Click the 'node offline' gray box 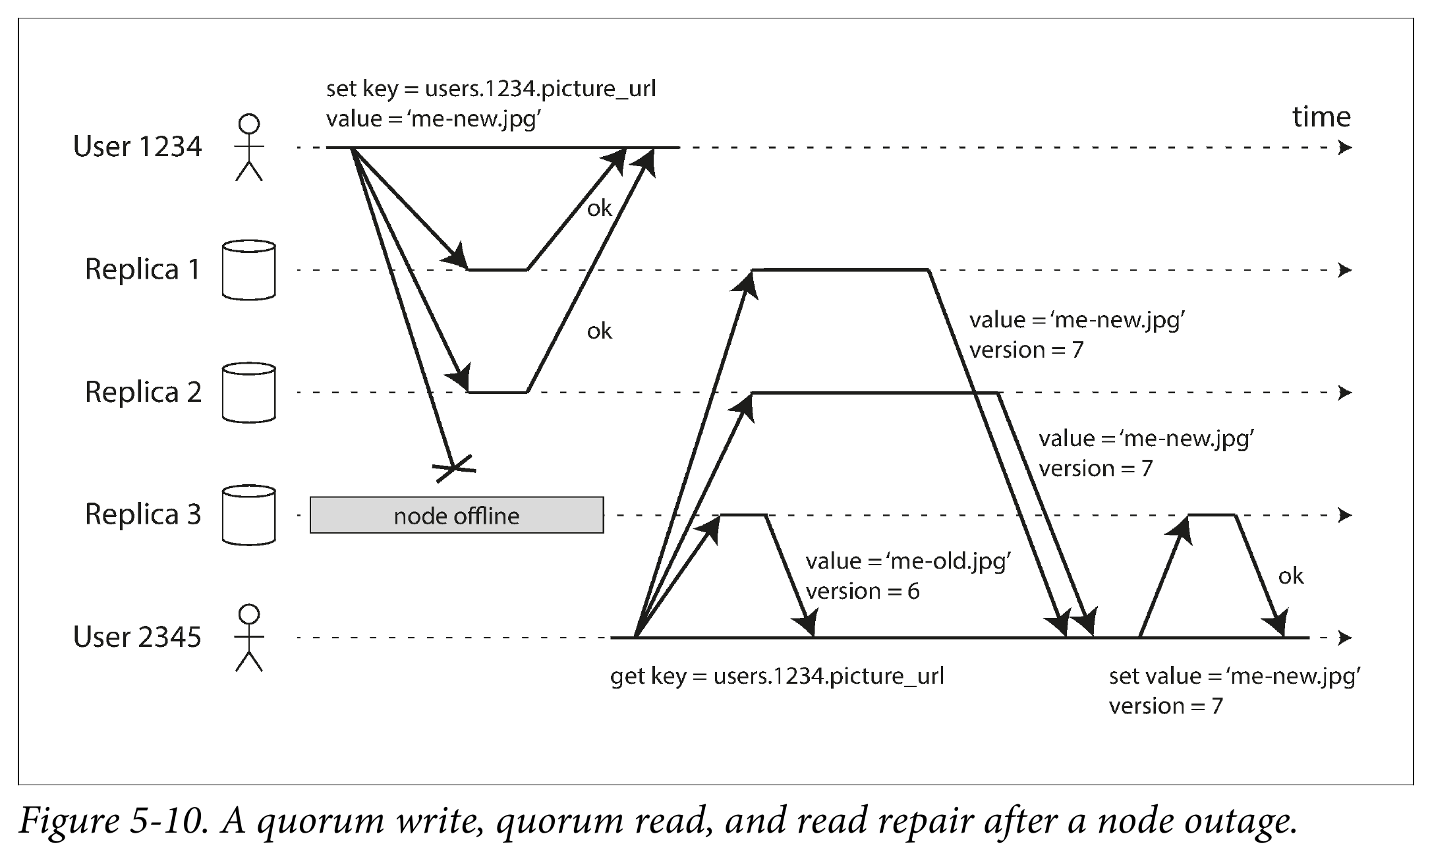pos(457,515)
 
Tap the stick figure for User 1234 pos(249,147)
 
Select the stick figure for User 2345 pos(249,638)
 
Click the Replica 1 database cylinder pos(248,270)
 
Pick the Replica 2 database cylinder pos(248,393)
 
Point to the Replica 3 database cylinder pos(248,515)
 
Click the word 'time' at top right pos(1321,117)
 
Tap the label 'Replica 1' pos(143,269)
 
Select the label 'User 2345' pos(137,637)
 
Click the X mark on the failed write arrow pos(453,468)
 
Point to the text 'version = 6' pos(863,592)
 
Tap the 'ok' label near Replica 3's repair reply pos(1291,576)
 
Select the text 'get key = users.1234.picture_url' pos(777,677)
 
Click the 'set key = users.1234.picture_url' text pos(491,89)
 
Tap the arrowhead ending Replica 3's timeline pos(1345,515)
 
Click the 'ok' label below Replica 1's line pos(600,331)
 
